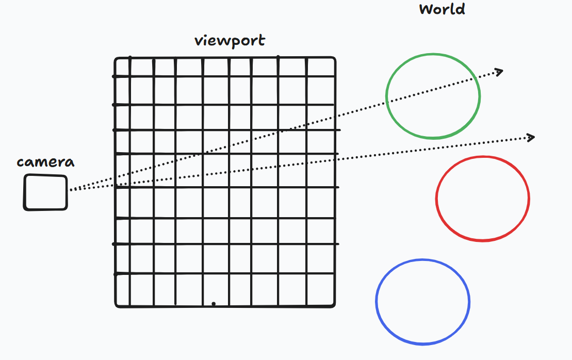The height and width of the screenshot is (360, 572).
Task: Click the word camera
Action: coord(45,162)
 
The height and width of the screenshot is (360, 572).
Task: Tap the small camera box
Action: coord(45,192)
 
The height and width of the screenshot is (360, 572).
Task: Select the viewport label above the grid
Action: coord(230,41)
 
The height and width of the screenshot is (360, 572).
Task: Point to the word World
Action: coord(442,9)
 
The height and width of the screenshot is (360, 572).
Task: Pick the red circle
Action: coord(482,199)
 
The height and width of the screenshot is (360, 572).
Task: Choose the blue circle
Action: coord(422,302)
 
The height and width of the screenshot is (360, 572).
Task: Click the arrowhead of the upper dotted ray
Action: coord(499,71)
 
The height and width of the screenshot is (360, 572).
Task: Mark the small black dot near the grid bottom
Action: coord(214,304)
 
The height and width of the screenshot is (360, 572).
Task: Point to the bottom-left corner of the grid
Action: coord(117,305)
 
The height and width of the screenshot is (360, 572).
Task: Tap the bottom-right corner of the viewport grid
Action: coord(334,305)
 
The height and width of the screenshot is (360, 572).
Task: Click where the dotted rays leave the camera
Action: coord(70,190)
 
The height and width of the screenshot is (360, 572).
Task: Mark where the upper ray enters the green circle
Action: coord(387,102)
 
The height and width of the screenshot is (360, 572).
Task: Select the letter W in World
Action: coord(426,9)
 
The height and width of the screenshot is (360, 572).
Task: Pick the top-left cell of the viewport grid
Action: coord(123,68)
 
